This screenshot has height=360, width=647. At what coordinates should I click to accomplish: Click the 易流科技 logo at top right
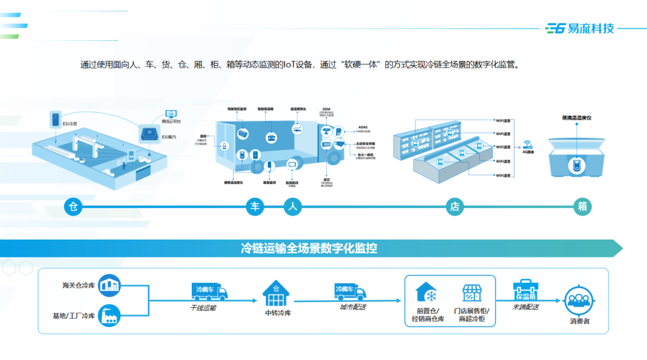(580, 28)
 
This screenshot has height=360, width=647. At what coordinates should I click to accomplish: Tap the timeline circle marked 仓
(73, 207)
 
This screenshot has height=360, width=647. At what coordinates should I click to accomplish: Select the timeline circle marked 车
(255, 207)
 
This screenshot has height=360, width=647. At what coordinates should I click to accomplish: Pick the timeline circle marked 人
(292, 207)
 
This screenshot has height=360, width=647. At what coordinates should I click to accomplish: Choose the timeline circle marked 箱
(582, 207)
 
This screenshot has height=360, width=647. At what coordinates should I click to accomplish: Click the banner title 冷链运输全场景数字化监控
(309, 248)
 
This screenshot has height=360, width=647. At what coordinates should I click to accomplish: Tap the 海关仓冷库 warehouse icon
(110, 285)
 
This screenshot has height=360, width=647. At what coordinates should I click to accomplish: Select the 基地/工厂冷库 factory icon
(110, 314)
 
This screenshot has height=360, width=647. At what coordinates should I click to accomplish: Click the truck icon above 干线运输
(209, 291)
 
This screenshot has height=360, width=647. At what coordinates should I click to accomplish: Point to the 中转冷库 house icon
(276, 292)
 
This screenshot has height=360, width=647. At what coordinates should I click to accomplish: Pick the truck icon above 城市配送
(351, 291)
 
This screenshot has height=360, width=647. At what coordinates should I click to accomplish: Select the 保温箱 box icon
(525, 291)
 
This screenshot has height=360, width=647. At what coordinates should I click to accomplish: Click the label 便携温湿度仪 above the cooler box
(576, 118)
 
